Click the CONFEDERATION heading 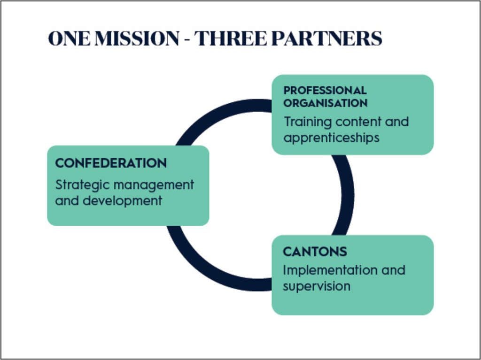tap(111, 163)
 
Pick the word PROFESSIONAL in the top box tap(325, 90)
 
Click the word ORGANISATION tap(326, 103)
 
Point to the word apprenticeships tap(332, 138)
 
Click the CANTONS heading tap(315, 252)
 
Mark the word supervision tap(317, 286)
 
